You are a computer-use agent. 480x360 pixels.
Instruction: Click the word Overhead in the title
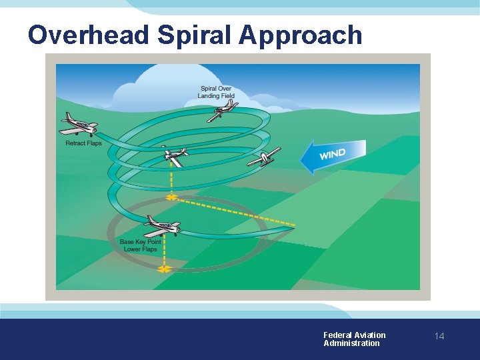[88, 35]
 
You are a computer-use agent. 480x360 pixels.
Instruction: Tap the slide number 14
[439, 337]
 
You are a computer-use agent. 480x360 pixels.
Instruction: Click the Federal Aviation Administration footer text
[354, 339]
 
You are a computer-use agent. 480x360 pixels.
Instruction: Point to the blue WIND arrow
[333, 156]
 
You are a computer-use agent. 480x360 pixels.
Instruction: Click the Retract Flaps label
[83, 143]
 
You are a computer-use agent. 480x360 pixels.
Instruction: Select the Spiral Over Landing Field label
[216, 92]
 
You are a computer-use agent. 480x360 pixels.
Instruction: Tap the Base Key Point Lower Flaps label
[141, 245]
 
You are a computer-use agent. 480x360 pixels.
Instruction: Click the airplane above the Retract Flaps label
[79, 123]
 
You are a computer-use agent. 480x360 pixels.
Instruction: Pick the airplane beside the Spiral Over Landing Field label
[222, 111]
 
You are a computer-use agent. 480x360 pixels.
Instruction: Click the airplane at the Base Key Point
[161, 224]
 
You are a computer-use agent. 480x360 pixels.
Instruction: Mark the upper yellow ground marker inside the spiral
[171, 197]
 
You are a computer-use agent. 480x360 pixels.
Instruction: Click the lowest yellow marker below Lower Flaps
[163, 269]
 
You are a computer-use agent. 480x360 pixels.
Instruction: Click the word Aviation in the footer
[370, 335]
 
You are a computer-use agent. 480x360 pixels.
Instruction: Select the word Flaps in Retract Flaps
[93, 143]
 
